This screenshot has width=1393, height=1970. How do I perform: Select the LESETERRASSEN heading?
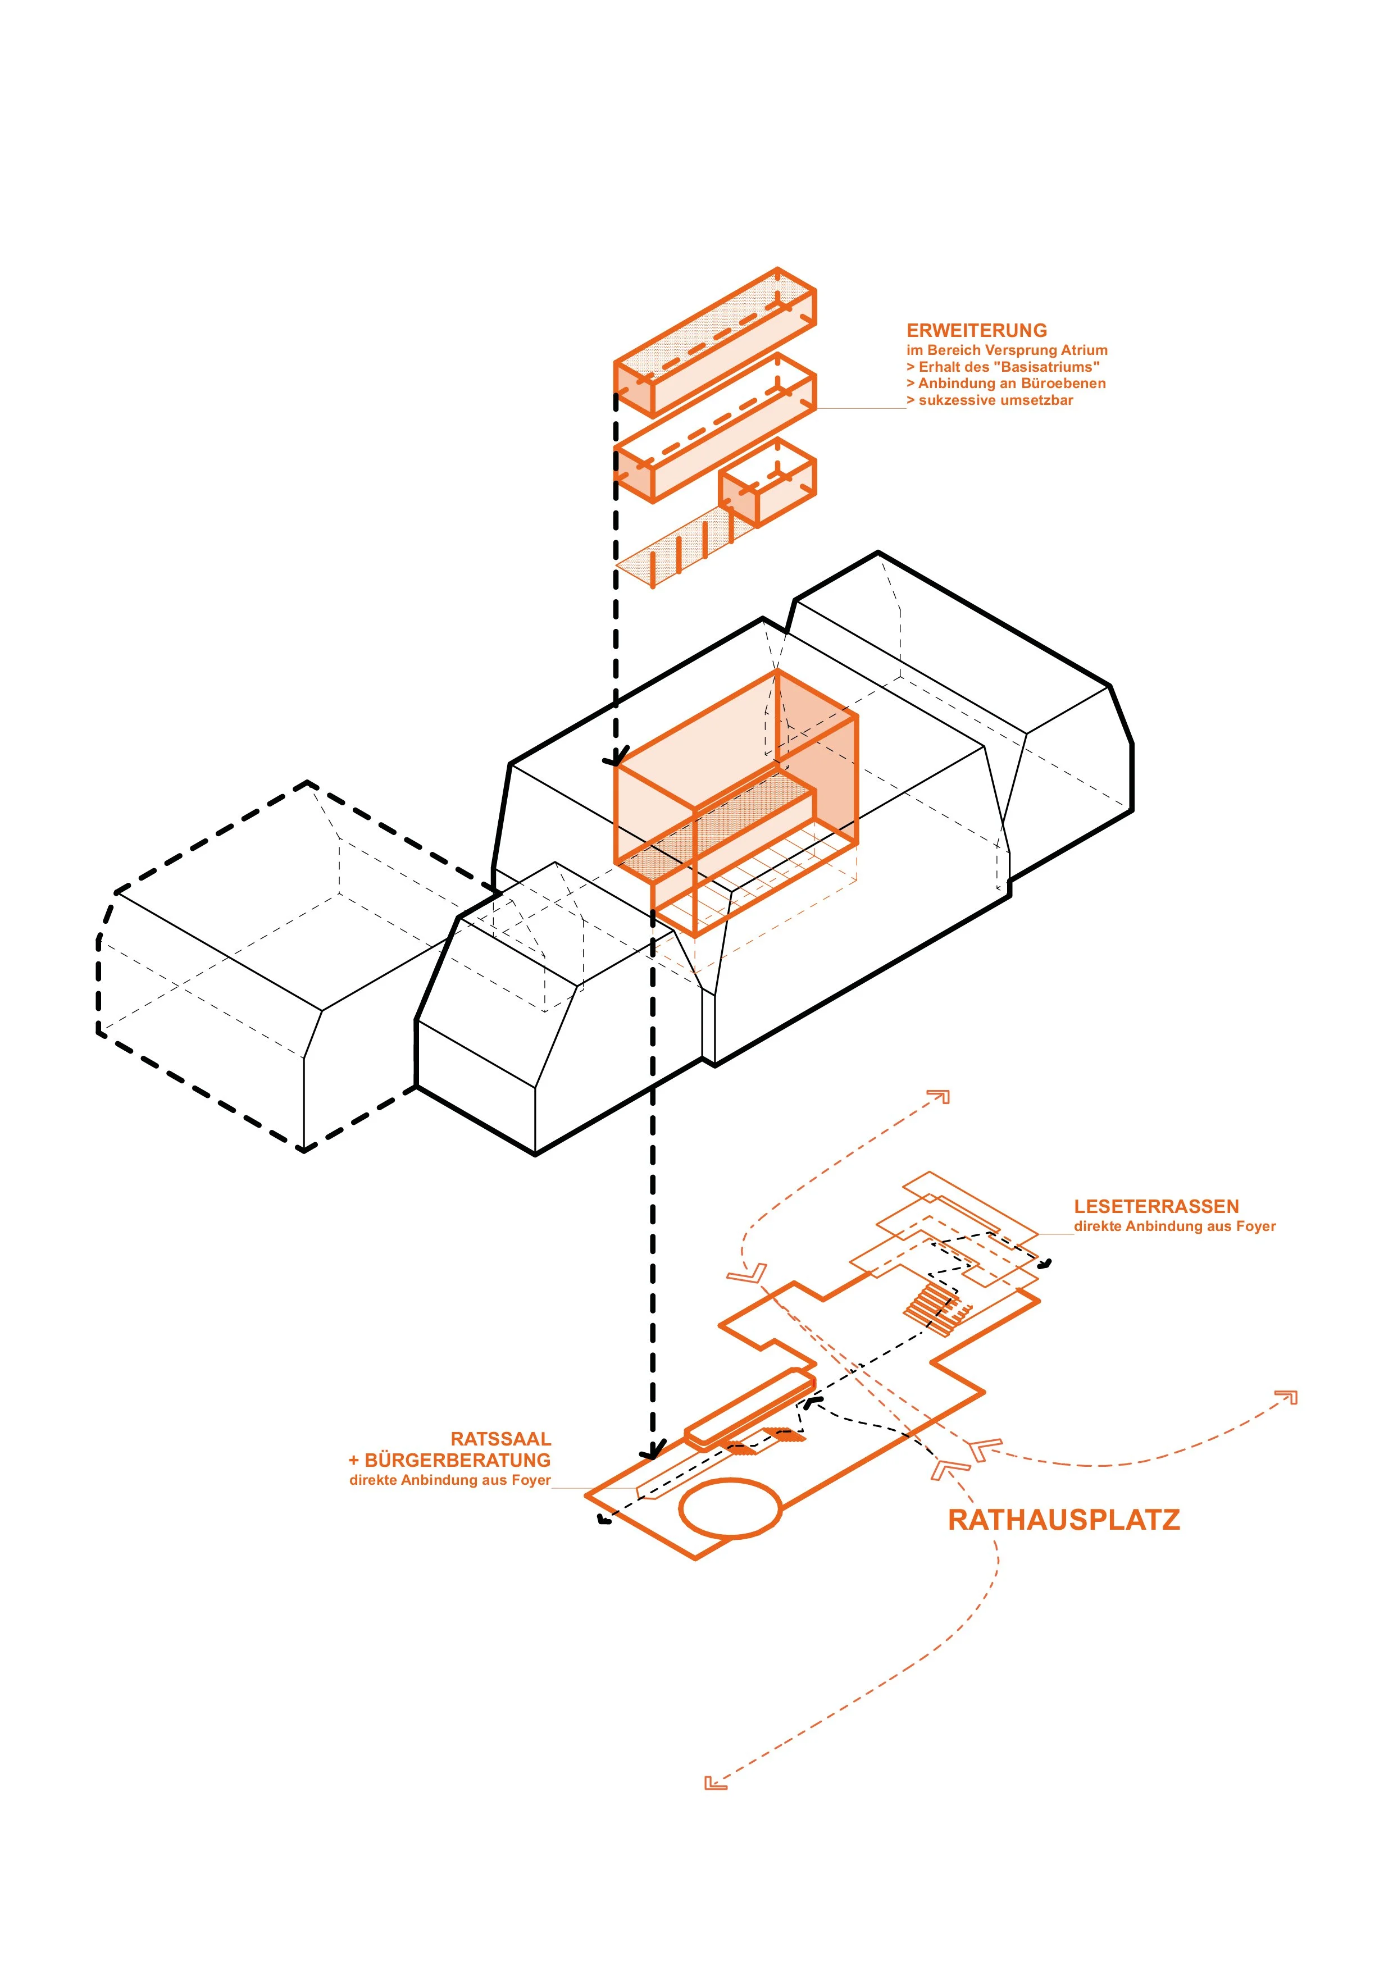tap(1155, 1206)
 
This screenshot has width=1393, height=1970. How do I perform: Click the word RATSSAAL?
tap(500, 1439)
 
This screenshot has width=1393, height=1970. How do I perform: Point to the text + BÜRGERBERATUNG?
tap(449, 1460)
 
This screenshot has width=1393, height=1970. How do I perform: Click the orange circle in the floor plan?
tap(730, 1507)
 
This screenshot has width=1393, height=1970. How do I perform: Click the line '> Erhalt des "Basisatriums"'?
tap(1003, 366)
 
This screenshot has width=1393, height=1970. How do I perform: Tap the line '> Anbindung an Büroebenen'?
tap(1006, 384)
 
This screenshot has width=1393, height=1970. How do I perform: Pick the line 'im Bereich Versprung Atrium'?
tap(1007, 350)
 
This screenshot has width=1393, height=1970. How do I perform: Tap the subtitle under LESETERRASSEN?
tap(1174, 1226)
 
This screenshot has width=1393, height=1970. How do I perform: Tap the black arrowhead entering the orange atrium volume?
tap(614, 759)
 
